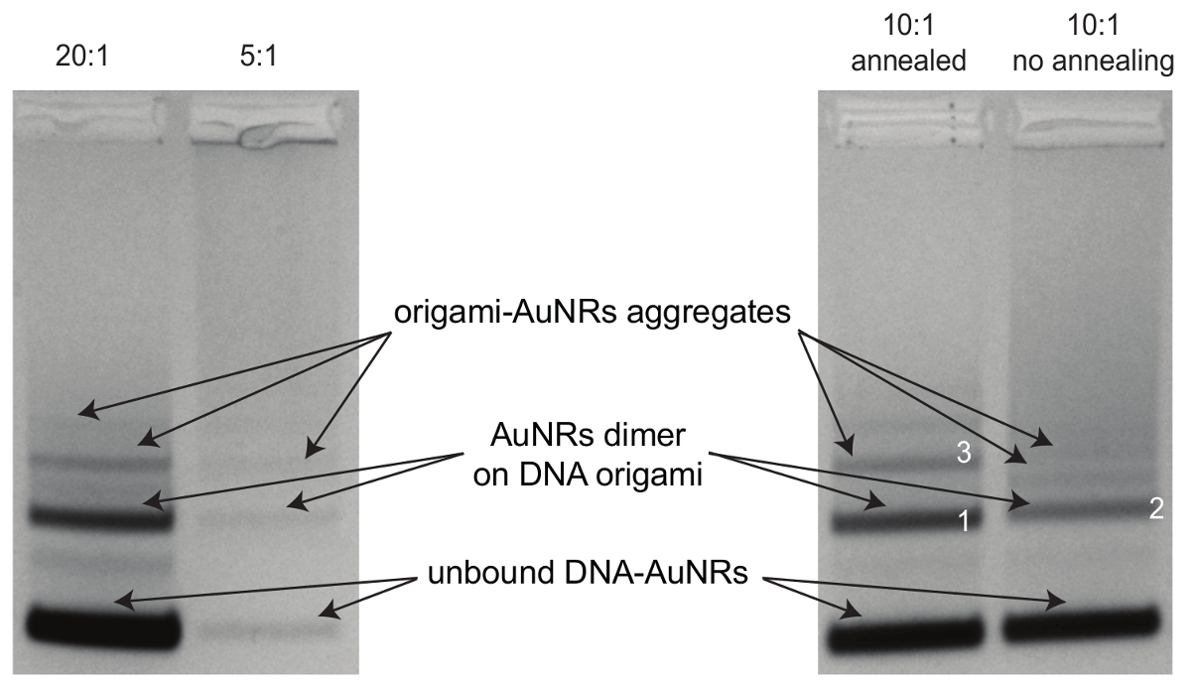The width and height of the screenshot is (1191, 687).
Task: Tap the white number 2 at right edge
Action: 1154,509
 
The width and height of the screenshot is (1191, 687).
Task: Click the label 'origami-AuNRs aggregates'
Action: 590,314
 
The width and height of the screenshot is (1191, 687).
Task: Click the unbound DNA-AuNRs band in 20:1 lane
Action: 101,625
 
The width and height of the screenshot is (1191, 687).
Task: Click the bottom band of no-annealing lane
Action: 1080,623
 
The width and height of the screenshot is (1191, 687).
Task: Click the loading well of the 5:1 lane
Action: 270,129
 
